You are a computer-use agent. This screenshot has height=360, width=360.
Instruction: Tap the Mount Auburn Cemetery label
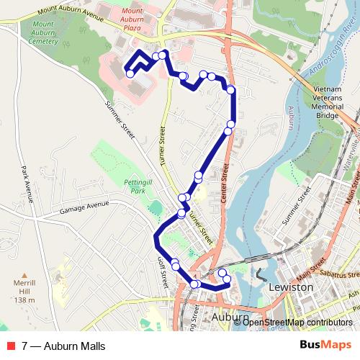(43, 33)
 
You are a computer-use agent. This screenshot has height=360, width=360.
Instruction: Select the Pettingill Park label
(135, 188)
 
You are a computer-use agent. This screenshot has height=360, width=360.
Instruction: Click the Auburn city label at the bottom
(231, 317)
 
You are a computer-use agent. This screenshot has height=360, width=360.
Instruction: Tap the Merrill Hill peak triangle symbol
(24, 276)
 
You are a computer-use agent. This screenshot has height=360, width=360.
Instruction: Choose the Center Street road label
(225, 180)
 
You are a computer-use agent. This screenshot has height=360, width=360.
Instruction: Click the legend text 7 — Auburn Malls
(63, 346)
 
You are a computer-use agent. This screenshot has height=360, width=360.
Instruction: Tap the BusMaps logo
(330, 346)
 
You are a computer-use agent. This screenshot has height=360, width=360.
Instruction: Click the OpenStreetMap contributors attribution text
(297, 322)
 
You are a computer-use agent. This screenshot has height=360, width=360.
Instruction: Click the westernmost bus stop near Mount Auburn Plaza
(130, 73)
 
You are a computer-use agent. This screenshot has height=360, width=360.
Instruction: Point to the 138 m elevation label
(24, 300)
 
